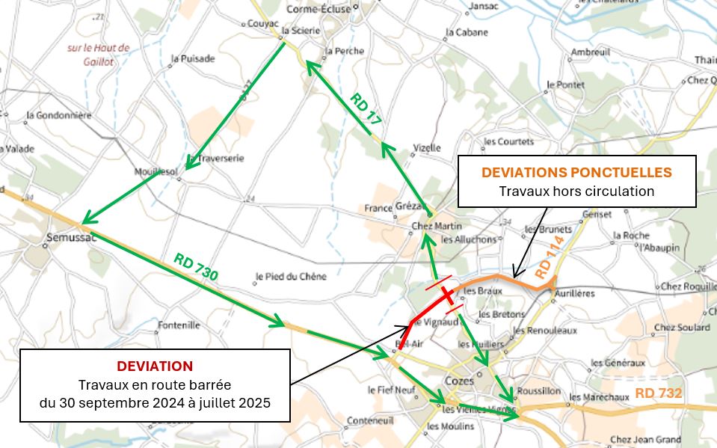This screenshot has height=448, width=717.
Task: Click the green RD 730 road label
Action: click(x=196, y=267)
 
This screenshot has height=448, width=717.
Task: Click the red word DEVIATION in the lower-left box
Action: click(x=155, y=366)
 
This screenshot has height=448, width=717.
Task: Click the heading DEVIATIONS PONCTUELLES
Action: click(x=576, y=172)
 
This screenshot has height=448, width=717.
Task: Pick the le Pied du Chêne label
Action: click(x=292, y=277)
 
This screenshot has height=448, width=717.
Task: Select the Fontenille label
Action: click(x=179, y=325)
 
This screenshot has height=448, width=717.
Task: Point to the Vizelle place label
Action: click(x=427, y=148)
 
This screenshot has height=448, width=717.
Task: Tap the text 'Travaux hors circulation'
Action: click(x=576, y=191)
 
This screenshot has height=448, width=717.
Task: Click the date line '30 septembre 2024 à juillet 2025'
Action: click(x=155, y=402)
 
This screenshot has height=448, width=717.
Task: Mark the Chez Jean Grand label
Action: click(x=645, y=440)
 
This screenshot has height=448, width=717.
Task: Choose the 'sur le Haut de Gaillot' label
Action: click(x=99, y=55)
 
